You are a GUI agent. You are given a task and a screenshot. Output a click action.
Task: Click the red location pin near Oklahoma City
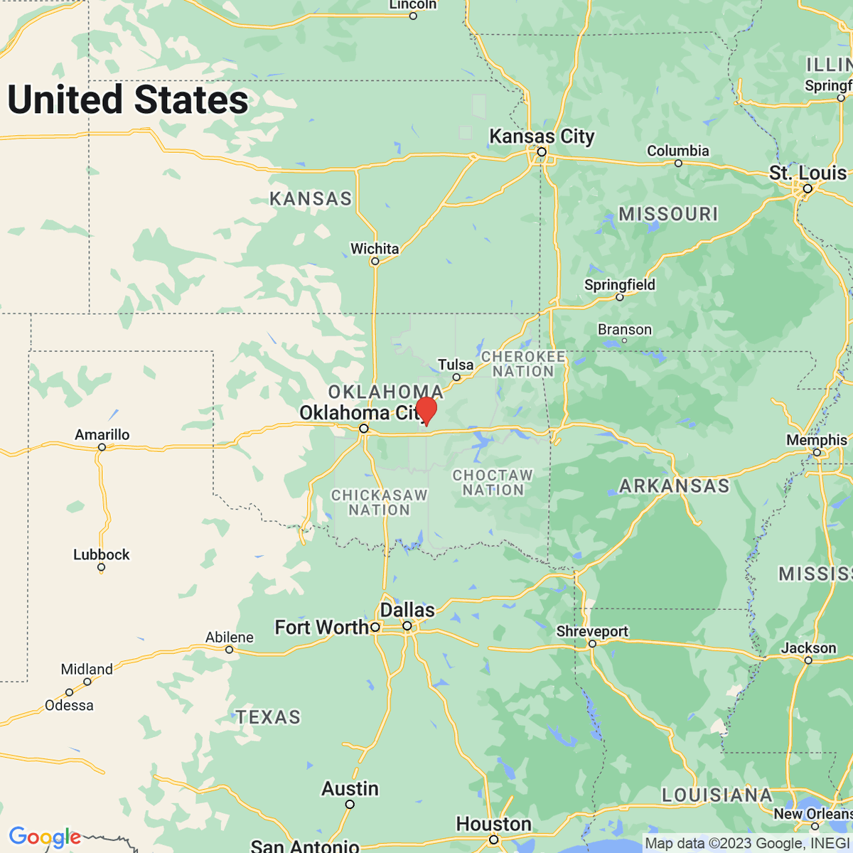coord(426,410)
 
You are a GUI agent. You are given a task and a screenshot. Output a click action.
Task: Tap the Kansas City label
coord(542,136)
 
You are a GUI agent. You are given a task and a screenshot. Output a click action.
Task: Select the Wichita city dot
coord(375,262)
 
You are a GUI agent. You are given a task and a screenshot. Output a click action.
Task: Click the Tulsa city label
coord(456,365)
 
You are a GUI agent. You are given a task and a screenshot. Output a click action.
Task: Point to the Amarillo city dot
coord(102,447)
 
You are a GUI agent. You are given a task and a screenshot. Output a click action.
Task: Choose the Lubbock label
coord(102,554)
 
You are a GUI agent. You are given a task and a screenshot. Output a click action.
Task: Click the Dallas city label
coord(407,610)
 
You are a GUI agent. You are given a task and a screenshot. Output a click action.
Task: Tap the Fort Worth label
coord(321,627)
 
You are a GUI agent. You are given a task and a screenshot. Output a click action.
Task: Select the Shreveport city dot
coord(592,644)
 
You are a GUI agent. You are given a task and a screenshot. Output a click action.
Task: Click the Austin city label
coord(350,788)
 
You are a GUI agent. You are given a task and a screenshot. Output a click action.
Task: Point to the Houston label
coord(493,824)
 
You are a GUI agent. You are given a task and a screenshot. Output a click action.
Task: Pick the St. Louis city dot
coord(808,189)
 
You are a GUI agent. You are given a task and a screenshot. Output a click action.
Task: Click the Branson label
coord(624,330)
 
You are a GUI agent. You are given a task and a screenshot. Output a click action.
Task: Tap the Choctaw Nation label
coord(493,483)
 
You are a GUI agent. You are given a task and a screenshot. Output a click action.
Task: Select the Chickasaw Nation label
coord(380,503)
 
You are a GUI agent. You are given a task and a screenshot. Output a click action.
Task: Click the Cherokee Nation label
coord(523,364)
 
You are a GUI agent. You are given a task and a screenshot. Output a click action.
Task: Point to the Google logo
coord(45,837)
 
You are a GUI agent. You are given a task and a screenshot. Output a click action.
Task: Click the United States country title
coord(128,100)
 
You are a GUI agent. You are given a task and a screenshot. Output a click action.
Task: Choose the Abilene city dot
coord(229,650)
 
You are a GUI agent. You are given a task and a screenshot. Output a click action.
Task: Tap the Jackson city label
coord(808,648)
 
